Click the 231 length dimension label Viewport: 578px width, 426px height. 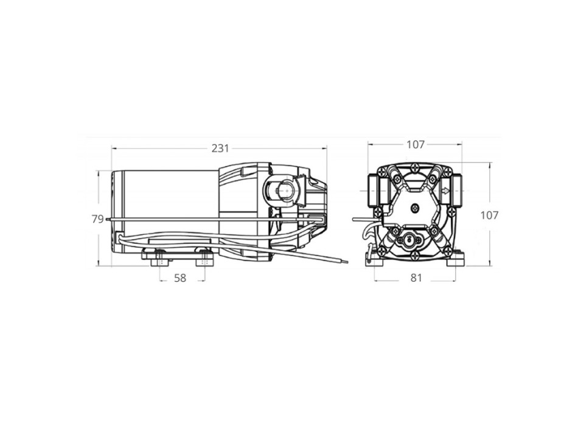[220, 148]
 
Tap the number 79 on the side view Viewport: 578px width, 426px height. [97, 219]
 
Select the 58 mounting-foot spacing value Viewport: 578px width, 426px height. [180, 278]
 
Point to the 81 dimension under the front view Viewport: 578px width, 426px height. [416, 278]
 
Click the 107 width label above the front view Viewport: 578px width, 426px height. [415, 145]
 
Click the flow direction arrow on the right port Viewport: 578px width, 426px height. [446, 190]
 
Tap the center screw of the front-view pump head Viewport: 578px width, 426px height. [416, 208]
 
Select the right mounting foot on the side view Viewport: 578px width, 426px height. [204, 259]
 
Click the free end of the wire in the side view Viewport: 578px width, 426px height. [347, 262]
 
